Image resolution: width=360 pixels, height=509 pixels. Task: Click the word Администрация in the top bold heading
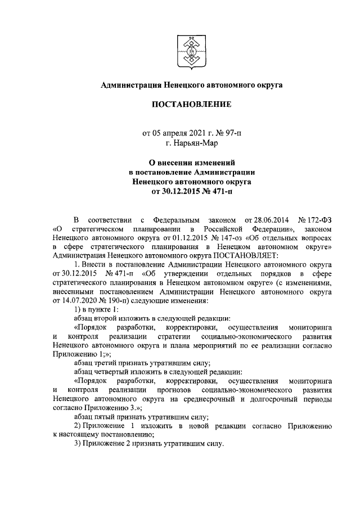tap(130, 85)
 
